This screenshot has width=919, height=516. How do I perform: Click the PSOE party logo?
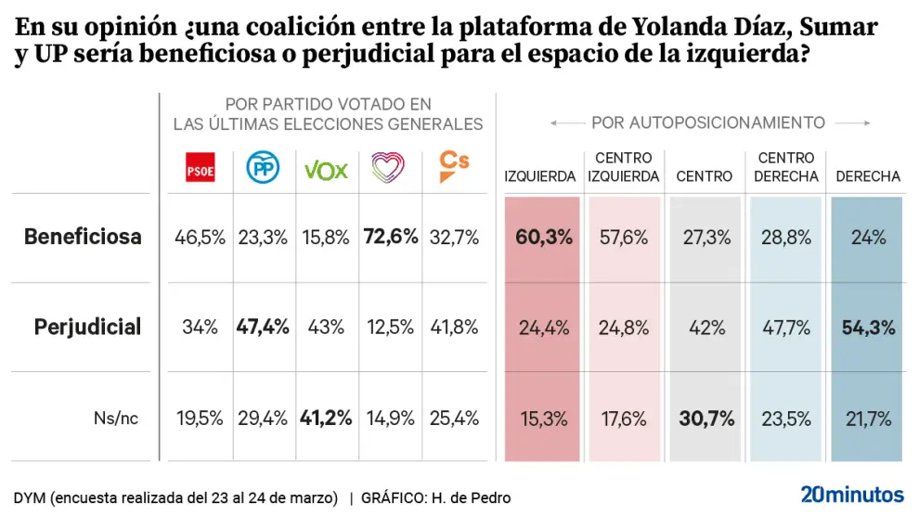click(200, 170)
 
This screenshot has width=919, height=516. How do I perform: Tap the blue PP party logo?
click(264, 169)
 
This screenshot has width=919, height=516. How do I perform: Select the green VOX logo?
click(326, 170)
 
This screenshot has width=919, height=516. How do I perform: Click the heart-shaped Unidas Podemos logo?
click(390, 168)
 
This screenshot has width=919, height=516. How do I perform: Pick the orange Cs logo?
click(453, 167)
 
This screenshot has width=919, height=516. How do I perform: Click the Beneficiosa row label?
click(83, 237)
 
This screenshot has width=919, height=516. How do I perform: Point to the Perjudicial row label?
click(87, 327)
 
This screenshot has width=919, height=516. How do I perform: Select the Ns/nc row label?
click(116, 418)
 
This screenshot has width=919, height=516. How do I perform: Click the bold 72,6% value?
click(390, 237)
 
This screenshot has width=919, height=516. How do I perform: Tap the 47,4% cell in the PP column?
click(264, 327)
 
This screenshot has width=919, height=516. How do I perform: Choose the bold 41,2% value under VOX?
click(326, 418)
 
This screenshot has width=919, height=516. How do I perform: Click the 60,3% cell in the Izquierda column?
click(543, 237)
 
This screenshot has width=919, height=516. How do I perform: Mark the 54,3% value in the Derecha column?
click(868, 327)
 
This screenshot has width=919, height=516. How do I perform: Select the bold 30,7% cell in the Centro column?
click(705, 418)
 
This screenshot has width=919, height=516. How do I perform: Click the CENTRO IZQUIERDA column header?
click(624, 167)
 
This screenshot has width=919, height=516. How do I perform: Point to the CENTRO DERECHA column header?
click(786, 167)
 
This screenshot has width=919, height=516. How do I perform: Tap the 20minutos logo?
click(851, 493)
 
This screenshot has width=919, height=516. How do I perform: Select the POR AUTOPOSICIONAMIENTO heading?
click(708, 123)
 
